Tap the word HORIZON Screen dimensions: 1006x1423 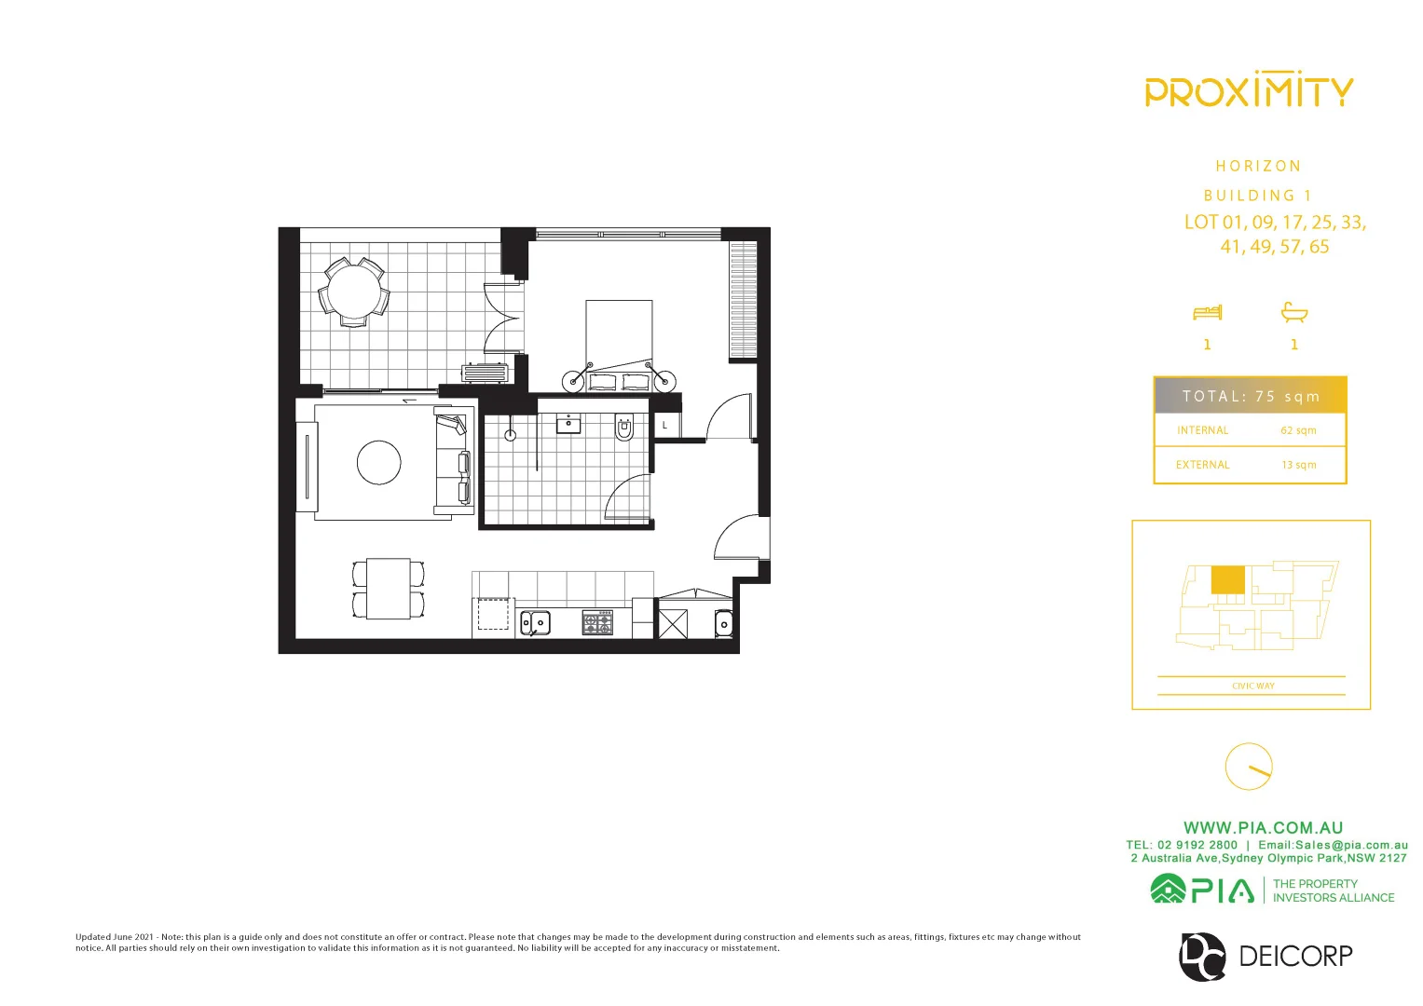(x=1258, y=166)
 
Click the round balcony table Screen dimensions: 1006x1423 (x=354, y=292)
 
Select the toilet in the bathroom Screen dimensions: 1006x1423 (x=624, y=428)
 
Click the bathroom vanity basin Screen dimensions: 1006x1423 (x=568, y=425)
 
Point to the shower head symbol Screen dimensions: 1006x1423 (x=510, y=435)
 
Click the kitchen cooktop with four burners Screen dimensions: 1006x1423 (x=597, y=622)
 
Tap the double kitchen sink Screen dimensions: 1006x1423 (x=535, y=622)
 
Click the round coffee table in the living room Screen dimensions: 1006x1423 (x=379, y=462)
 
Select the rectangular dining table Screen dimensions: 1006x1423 (x=389, y=589)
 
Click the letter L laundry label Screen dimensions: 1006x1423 (x=664, y=426)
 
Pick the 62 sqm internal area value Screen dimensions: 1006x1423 (x=1298, y=430)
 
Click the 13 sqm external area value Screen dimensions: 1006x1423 (x=1298, y=465)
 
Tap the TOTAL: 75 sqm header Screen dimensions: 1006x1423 (x=1251, y=396)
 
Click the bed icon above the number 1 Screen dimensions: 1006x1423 (x=1207, y=312)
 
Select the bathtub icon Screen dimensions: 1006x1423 (x=1294, y=312)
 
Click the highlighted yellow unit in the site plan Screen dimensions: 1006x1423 (x=1227, y=579)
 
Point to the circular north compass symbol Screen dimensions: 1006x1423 (x=1248, y=767)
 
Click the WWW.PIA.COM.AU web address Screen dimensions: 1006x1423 (x=1263, y=827)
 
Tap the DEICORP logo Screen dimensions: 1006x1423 (x=1266, y=956)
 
